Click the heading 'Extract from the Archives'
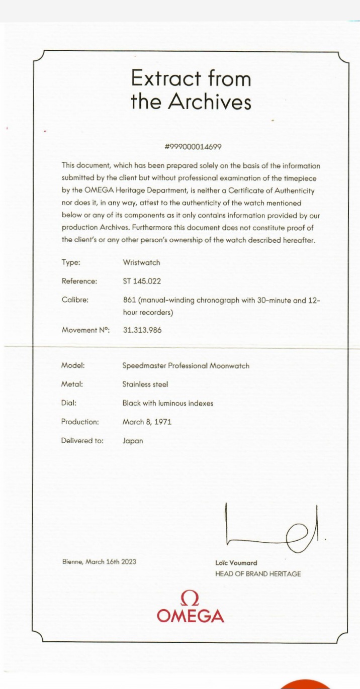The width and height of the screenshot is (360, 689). [x=191, y=90]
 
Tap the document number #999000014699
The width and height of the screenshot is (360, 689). [x=193, y=147]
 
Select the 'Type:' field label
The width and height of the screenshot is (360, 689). [x=70, y=262]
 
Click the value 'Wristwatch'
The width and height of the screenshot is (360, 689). [x=141, y=262]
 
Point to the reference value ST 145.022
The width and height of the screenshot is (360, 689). [x=142, y=281]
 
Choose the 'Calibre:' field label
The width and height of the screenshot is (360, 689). [x=75, y=300]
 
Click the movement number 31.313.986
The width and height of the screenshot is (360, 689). [x=142, y=330]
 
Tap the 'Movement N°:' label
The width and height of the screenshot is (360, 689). [x=85, y=330]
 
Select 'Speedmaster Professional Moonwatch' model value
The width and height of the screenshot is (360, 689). [x=186, y=365]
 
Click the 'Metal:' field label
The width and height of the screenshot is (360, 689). [x=72, y=384]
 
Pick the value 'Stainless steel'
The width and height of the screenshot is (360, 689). [x=145, y=384]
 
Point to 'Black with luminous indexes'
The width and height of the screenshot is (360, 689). [x=167, y=403]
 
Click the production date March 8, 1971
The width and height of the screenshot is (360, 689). [x=147, y=422]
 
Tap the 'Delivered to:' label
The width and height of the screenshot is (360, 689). [x=82, y=441]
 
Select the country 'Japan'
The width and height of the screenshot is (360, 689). [x=133, y=441]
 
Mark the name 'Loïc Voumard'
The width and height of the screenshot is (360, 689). [x=236, y=563]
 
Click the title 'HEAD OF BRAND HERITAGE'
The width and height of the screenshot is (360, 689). [x=258, y=573]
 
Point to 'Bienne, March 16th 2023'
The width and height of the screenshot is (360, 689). [x=99, y=561]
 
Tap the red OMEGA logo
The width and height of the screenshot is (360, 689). [x=191, y=607]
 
